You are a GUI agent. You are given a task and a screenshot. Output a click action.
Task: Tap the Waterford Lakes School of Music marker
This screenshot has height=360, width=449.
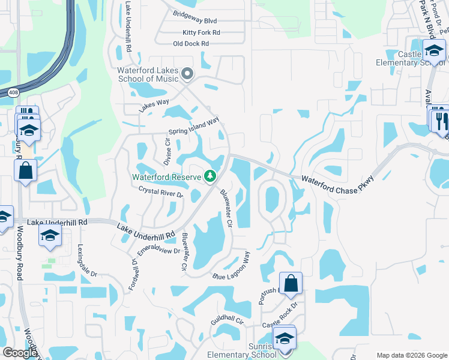[x=187, y=74]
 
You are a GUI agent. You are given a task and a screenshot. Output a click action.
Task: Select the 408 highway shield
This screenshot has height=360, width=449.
[x=13, y=92]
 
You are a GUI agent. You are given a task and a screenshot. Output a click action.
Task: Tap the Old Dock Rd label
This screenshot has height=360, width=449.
[x=190, y=44]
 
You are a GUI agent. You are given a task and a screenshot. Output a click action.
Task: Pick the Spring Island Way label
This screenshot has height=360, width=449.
[x=194, y=127]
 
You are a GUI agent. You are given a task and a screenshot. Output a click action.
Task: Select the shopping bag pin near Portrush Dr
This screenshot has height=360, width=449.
[x=291, y=284]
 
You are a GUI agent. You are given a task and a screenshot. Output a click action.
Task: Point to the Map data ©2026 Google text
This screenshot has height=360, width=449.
[x=412, y=355]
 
